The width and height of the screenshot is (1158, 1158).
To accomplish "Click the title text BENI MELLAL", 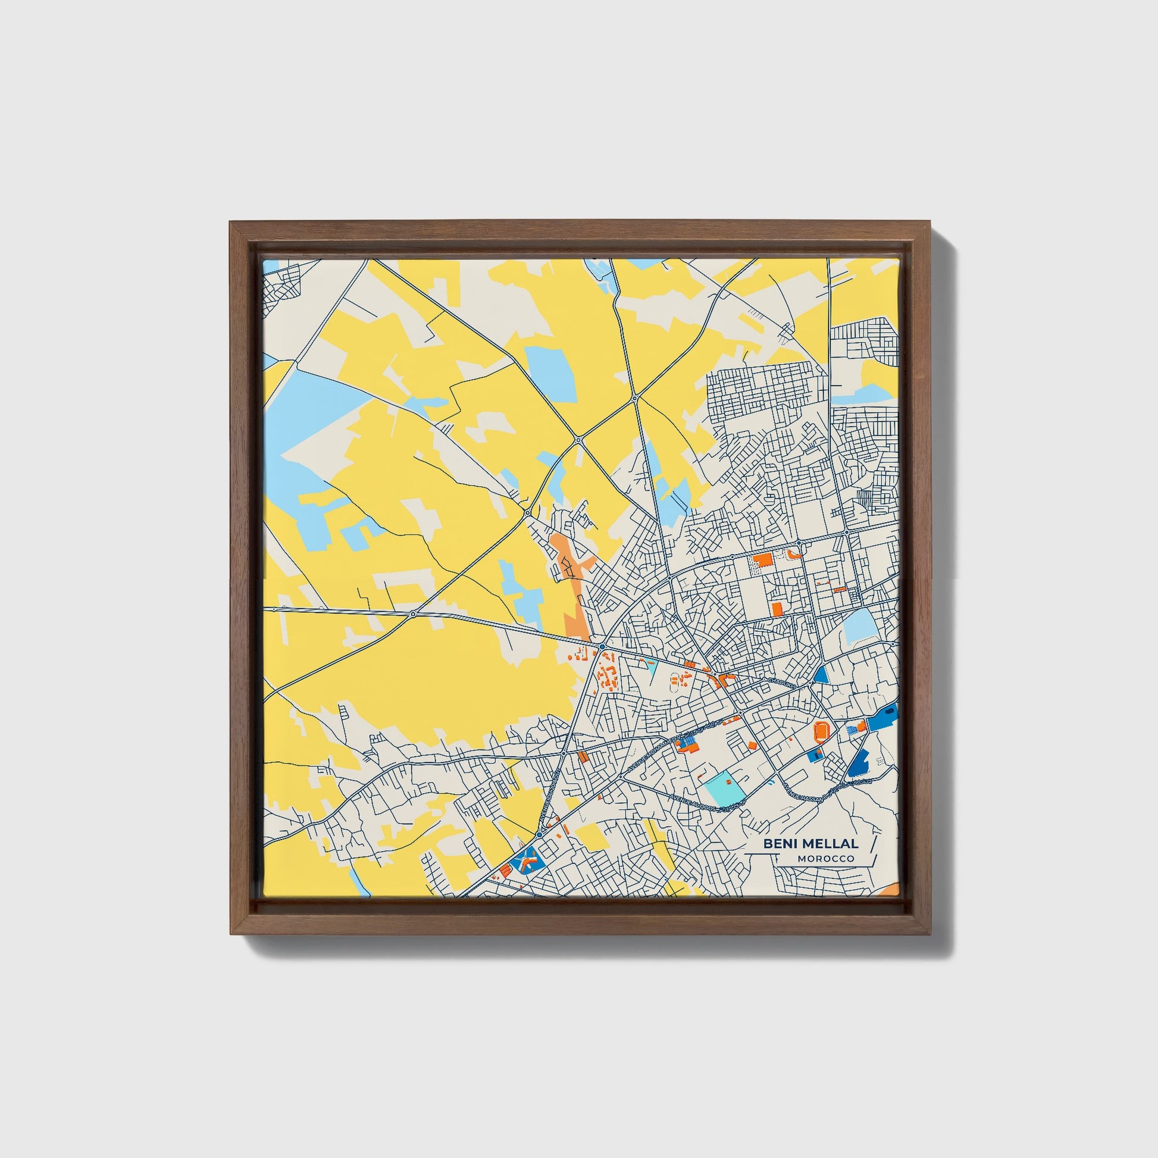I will coord(810,843).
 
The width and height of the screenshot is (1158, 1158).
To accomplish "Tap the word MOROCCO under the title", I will coord(825,859).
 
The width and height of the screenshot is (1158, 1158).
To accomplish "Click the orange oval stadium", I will coord(821,731).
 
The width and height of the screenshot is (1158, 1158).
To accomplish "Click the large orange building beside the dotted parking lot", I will coord(764,560).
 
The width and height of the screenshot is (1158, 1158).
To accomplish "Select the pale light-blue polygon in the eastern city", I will coord(858,628).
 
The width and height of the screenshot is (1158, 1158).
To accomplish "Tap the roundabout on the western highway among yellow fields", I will coord(413,614).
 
